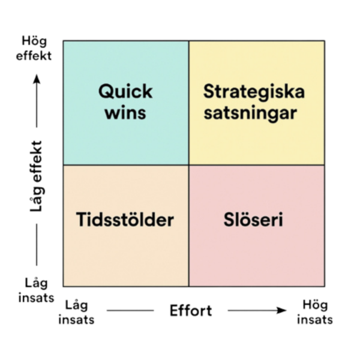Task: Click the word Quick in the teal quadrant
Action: pyautogui.click(x=125, y=92)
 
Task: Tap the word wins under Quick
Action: pyautogui.click(x=125, y=113)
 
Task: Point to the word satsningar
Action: pyautogui.click(x=250, y=113)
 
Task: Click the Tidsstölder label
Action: pyautogui.click(x=125, y=220)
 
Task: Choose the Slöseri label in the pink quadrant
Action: pyautogui.click(x=253, y=220)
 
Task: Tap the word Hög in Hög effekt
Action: pyautogui.click(x=34, y=41)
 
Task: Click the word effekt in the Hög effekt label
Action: pyautogui.click(x=34, y=56)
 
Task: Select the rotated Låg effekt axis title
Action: pyautogui.click(x=36, y=176)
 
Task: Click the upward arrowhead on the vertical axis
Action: pyautogui.click(x=37, y=79)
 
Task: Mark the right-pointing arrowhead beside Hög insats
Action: pyautogui.click(x=282, y=310)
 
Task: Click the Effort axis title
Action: pyautogui.click(x=191, y=311)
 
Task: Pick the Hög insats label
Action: pyautogui.click(x=315, y=312)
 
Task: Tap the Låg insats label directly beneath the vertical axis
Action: pyautogui.click(x=36, y=290)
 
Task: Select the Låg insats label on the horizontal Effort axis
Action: pyautogui.click(x=76, y=312)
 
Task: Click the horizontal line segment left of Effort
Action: pyautogui.click(x=130, y=311)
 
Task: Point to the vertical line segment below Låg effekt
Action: pyautogui.click(x=37, y=245)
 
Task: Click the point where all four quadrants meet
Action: pyautogui.click(x=189, y=165)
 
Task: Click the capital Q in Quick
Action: pyautogui.click(x=106, y=92)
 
